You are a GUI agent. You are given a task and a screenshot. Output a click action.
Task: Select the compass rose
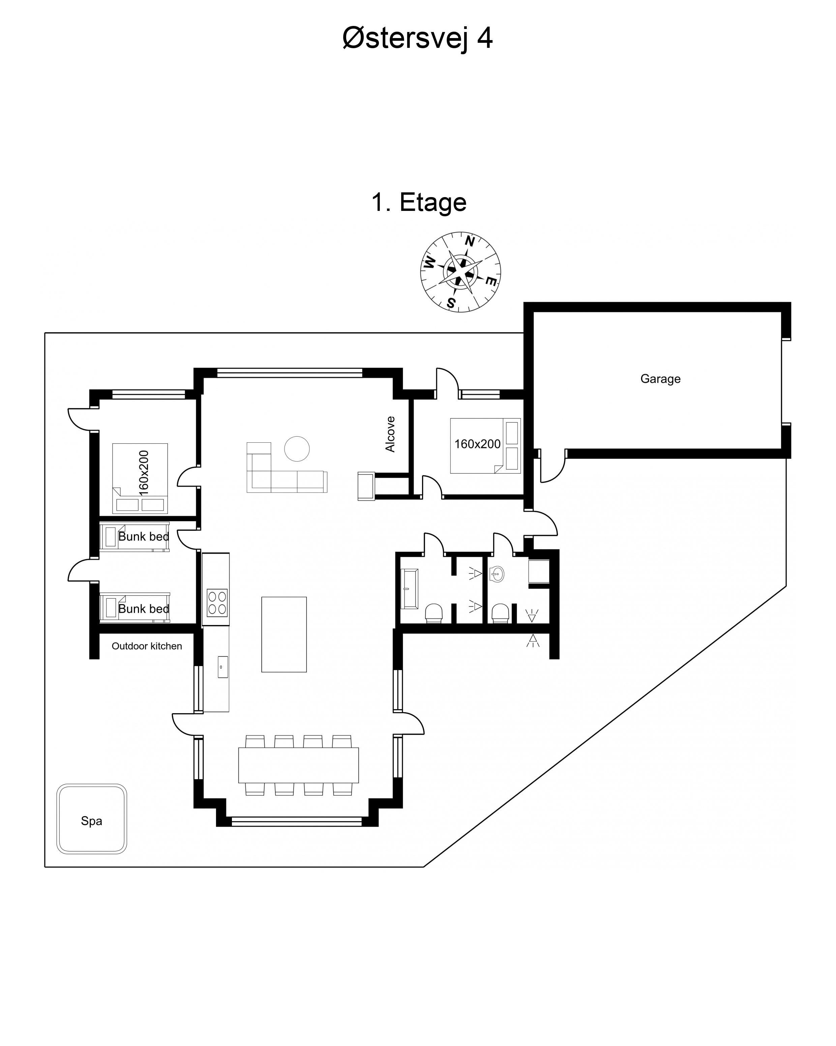(x=460, y=272)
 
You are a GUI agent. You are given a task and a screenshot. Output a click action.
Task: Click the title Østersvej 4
(x=418, y=38)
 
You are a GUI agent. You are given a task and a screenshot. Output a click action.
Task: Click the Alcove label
(x=390, y=434)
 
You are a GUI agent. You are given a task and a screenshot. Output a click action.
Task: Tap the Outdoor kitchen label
(x=147, y=646)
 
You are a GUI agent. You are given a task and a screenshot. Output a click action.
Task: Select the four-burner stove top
(x=217, y=603)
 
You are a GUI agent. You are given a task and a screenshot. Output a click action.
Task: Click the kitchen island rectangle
(x=284, y=634)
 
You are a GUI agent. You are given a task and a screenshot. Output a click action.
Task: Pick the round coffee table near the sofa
(x=297, y=449)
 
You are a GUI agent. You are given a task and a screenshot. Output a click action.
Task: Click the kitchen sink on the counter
(x=222, y=667)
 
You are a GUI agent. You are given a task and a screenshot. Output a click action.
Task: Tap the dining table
(x=299, y=765)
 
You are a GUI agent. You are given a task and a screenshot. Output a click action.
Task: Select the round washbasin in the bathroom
(x=497, y=574)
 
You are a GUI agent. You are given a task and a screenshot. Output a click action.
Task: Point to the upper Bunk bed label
(x=144, y=537)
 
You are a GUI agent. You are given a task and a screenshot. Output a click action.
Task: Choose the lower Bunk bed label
(x=144, y=609)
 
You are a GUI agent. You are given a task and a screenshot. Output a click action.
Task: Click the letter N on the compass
(x=470, y=241)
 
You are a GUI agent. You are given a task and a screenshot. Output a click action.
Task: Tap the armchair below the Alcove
(x=366, y=486)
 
